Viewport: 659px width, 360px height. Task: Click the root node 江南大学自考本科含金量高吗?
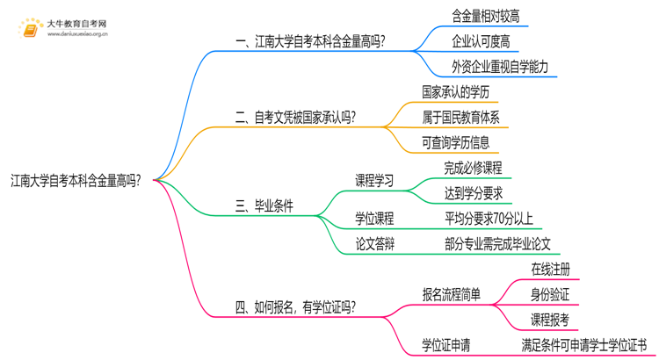pos(80,181)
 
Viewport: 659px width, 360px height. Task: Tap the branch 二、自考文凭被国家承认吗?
pos(297,116)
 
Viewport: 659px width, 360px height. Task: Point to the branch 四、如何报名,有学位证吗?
pos(295,306)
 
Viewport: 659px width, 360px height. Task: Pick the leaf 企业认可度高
pos(481,40)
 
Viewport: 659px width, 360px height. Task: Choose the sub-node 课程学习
pos(374,181)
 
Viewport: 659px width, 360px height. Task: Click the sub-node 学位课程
pos(374,219)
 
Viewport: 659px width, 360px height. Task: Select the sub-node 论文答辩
pos(374,244)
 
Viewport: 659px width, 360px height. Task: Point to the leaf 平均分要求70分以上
pos(489,219)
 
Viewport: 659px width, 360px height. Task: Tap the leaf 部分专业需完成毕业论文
pos(497,244)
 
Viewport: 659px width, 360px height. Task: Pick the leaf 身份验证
pos(551,294)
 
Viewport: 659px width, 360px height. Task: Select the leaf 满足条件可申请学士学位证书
pos(583,345)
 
